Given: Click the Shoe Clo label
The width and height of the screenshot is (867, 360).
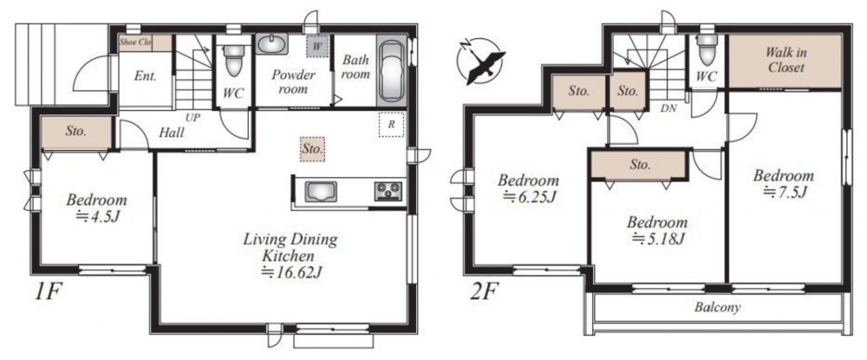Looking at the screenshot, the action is tap(135, 42).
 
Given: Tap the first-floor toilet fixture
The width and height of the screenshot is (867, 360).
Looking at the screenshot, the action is tap(234, 59).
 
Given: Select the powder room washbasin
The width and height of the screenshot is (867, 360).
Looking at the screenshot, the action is tap(271, 43).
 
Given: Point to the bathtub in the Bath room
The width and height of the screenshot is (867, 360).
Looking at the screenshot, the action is tap(392, 70).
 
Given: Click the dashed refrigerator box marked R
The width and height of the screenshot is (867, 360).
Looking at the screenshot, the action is tap(392, 124).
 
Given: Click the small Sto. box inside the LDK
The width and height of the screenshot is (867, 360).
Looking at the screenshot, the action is tap(312, 149).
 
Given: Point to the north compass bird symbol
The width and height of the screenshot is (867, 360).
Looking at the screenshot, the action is tap(482, 62).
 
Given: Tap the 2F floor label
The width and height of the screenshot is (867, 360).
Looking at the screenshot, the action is tap(483, 291).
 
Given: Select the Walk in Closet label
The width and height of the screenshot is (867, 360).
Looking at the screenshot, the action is tap(785, 60).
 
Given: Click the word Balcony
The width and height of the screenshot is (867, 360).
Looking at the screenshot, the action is tap(717, 307).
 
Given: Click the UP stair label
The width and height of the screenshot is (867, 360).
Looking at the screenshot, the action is tap(193, 118).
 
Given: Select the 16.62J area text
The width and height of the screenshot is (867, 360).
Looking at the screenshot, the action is tap(290, 272).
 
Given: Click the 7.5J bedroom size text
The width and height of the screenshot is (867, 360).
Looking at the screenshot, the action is tap(785, 192).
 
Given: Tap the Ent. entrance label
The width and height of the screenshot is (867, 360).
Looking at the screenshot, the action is tap(146, 76).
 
